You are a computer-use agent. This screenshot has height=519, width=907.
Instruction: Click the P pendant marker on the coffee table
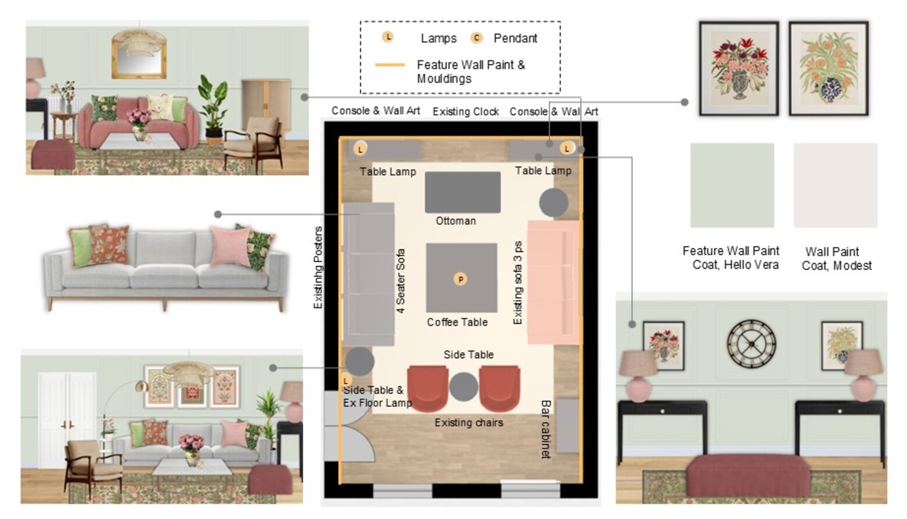tap(460, 279)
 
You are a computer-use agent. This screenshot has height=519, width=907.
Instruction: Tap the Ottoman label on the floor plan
tap(455, 221)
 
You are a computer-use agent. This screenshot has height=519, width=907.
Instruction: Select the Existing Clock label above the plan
tap(466, 111)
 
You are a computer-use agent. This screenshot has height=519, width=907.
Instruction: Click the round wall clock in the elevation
tap(751, 344)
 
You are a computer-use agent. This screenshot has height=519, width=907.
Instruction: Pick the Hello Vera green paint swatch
tap(732, 185)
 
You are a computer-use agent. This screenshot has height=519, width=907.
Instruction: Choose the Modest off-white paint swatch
tap(835, 185)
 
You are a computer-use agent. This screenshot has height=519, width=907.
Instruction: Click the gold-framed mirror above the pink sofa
tap(139, 56)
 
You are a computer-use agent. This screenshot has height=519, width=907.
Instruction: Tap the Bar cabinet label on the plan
tap(546, 429)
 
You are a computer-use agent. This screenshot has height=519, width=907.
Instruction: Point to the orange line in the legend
tap(390, 65)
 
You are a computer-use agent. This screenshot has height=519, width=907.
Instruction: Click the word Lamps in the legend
tap(438, 38)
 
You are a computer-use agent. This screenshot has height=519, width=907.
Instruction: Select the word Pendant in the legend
tap(515, 38)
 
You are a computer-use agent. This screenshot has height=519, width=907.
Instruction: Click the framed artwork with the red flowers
tap(739, 68)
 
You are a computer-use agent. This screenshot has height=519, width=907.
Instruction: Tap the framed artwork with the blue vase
tap(828, 68)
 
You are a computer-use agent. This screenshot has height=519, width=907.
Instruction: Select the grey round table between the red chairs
tap(463, 387)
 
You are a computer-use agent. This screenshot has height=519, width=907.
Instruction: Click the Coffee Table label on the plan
tap(457, 322)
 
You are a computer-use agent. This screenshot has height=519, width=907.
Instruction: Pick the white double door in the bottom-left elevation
tap(68, 419)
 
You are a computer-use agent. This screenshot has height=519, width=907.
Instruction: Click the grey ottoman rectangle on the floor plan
tap(462, 192)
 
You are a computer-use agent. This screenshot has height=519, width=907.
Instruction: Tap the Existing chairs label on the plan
tap(469, 423)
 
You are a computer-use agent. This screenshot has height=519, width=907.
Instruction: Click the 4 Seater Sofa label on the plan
tap(400, 280)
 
